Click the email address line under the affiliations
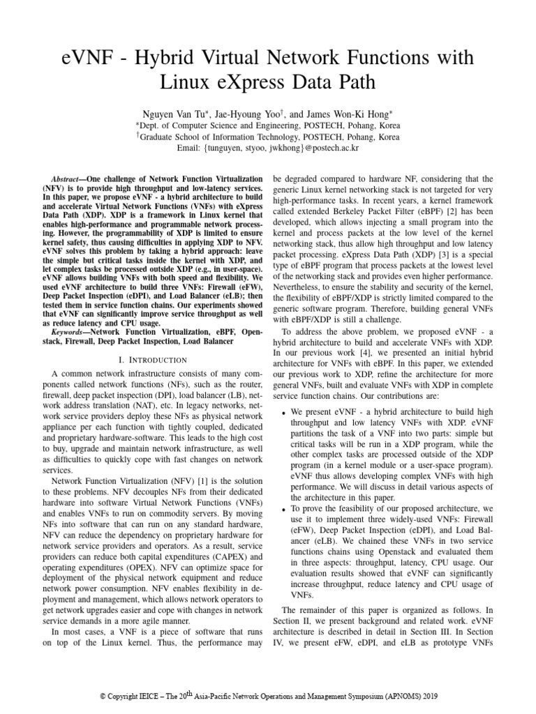(x=268, y=149)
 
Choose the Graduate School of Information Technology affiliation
(x=268, y=137)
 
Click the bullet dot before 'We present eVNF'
(x=283, y=414)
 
